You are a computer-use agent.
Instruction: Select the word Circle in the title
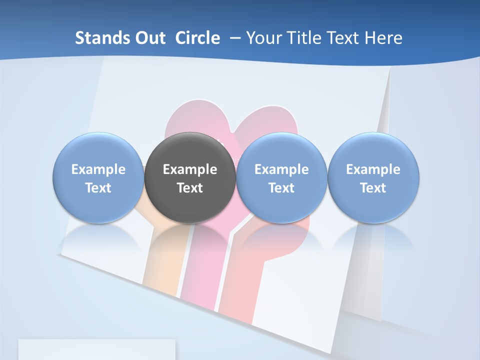coord(197,38)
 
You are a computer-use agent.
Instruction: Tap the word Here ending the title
coord(383,38)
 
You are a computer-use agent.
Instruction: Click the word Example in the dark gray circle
coord(190,169)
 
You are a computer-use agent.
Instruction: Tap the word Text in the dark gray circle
coord(190,188)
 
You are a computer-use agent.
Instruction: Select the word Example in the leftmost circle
coord(98,169)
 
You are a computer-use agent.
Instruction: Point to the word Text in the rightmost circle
coord(373,188)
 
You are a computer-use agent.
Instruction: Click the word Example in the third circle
coord(281,169)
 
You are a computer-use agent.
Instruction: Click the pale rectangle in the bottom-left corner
coord(97,349)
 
